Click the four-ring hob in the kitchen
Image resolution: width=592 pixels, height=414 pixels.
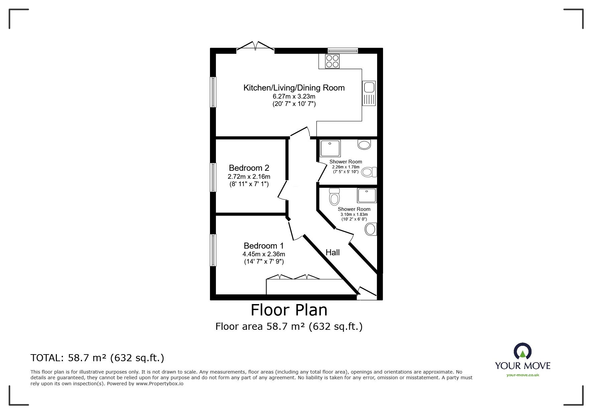pyautogui.click(x=332, y=61)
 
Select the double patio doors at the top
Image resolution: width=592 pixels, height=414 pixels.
pyautogui.click(x=255, y=46)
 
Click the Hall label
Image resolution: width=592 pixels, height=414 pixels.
pyautogui.click(x=333, y=253)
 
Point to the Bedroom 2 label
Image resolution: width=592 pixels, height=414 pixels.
pyautogui.click(x=249, y=168)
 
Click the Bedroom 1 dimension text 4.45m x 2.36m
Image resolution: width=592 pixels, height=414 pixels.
pyautogui.click(x=264, y=254)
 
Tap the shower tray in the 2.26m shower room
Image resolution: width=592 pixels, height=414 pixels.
pyautogui.click(x=330, y=148)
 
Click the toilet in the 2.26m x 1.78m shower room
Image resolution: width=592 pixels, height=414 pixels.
pyautogui.click(x=369, y=172)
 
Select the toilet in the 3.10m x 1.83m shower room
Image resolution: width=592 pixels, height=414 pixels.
pyautogui.click(x=334, y=197)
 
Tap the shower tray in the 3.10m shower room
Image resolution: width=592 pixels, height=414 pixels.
pyautogui.click(x=367, y=195)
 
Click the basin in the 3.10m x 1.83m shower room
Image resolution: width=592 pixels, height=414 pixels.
pyautogui.click(x=370, y=229)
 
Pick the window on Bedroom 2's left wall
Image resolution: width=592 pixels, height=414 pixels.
pyautogui.click(x=213, y=177)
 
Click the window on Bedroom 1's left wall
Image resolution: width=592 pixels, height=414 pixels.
pyautogui.click(x=213, y=250)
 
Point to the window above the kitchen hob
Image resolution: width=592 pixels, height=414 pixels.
pyautogui.click(x=343, y=50)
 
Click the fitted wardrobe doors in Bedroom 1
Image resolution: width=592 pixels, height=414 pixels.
pyautogui.click(x=293, y=277)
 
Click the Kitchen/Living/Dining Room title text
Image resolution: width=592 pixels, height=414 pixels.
pyautogui.click(x=294, y=88)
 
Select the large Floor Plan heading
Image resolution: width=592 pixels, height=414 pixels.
pyautogui.click(x=289, y=310)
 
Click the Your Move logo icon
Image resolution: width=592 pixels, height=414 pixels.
pyautogui.click(x=522, y=351)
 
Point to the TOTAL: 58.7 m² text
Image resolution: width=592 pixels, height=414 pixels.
pyautogui.click(x=97, y=358)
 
